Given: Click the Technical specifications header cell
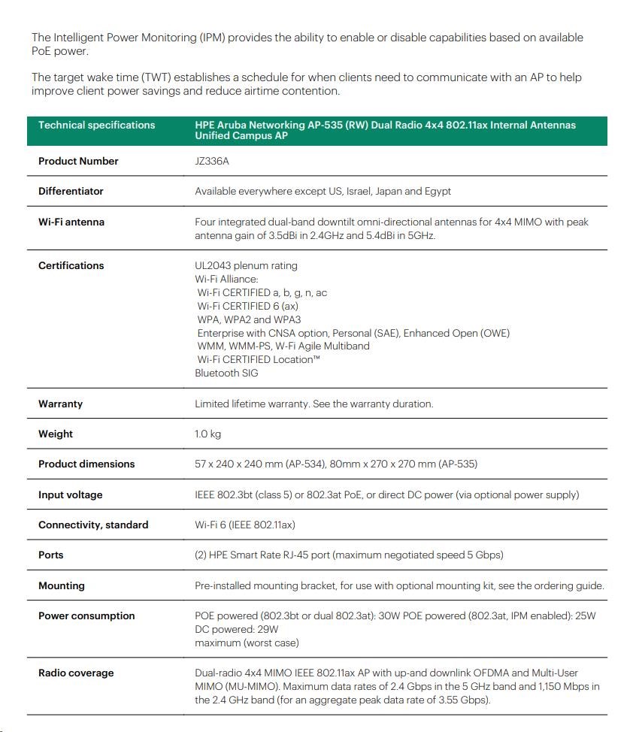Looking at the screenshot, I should [96, 125].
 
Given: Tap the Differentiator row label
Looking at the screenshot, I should [71, 191].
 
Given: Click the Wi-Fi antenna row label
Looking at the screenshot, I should [71, 222].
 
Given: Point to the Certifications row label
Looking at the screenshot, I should [71, 265].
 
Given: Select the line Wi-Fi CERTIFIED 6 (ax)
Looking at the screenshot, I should [247, 306].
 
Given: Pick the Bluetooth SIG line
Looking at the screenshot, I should [226, 373].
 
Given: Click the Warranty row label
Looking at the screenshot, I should [60, 404].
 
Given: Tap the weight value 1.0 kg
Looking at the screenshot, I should [207, 434].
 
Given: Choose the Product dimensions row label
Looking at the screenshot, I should [86, 464].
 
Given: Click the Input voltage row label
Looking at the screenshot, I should [70, 495].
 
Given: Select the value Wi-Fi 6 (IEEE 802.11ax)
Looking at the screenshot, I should [244, 525].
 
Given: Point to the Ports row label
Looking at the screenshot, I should [51, 555].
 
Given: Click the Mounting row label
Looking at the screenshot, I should [61, 585].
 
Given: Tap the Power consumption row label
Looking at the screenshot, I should [86, 616].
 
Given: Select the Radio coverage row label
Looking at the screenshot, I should [76, 673].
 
